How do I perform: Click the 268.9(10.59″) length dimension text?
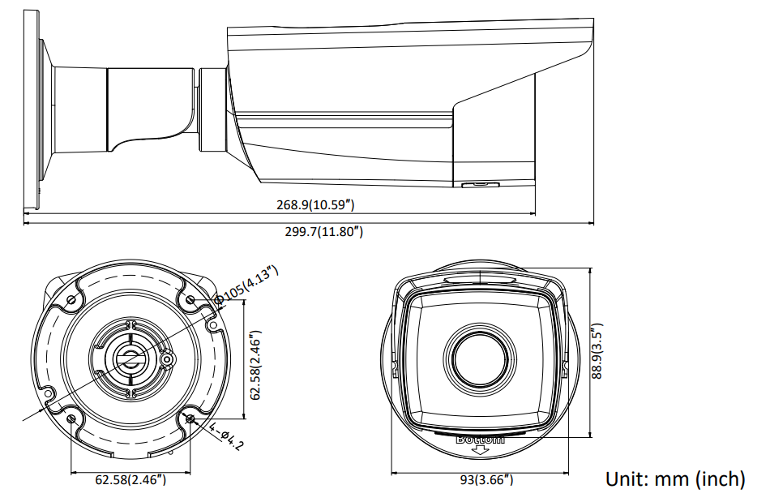click(x=315, y=206)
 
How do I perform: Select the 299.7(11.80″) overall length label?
click(x=323, y=232)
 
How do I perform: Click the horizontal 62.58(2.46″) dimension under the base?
click(x=131, y=480)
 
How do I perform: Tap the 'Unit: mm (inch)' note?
click(x=675, y=479)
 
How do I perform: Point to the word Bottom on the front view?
click(x=480, y=439)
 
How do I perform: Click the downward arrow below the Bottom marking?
click(x=480, y=449)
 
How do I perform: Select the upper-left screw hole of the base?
click(x=71, y=301)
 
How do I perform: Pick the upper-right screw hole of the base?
click(x=190, y=301)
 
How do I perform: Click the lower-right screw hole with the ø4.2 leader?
click(x=190, y=419)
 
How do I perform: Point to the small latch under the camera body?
click(x=478, y=184)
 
